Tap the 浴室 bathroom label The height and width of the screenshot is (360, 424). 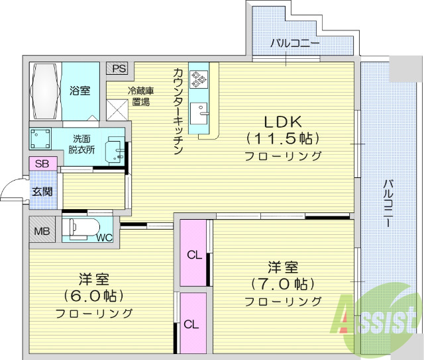(x=80, y=91)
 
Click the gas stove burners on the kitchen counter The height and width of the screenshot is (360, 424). (x=199, y=79)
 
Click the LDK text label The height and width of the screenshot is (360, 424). (x=284, y=122)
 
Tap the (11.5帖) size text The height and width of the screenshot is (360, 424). (x=283, y=139)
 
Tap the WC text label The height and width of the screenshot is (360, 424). (x=104, y=237)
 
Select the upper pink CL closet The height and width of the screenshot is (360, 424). (x=193, y=254)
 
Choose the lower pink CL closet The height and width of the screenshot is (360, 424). (x=191, y=324)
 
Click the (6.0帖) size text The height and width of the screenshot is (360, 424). (x=93, y=296)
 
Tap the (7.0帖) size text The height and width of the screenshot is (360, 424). (x=283, y=284)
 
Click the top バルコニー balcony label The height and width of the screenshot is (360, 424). (x=295, y=43)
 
